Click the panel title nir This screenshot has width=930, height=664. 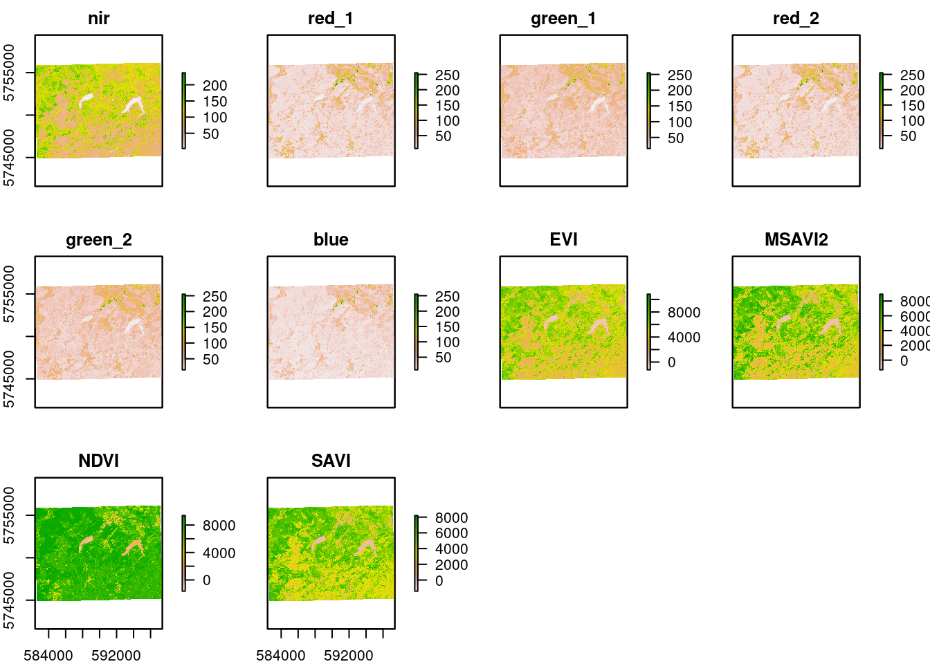[98, 19]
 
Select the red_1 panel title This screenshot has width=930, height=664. [331, 19]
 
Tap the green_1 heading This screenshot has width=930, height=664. [563, 19]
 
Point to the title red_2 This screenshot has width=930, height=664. [796, 19]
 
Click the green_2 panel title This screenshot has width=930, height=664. [98, 240]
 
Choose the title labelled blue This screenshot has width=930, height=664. [331, 240]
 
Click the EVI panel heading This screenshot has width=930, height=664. [563, 240]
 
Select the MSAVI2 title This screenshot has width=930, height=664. [796, 240]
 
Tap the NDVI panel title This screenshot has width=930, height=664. [98, 461]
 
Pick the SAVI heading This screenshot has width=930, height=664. [331, 461]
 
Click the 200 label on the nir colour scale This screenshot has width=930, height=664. [215, 86]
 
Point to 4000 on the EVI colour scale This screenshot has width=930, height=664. [684, 338]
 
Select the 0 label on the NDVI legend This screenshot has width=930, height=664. [206, 580]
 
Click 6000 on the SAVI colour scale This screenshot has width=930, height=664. [451, 533]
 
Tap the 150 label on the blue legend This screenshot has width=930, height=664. [447, 327]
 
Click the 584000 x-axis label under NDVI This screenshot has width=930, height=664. [48, 656]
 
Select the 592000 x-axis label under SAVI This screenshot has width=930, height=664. [348, 656]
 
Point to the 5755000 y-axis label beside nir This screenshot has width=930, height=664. [9, 73]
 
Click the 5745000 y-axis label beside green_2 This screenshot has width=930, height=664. [9, 379]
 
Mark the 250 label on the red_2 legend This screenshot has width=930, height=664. [912, 75]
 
